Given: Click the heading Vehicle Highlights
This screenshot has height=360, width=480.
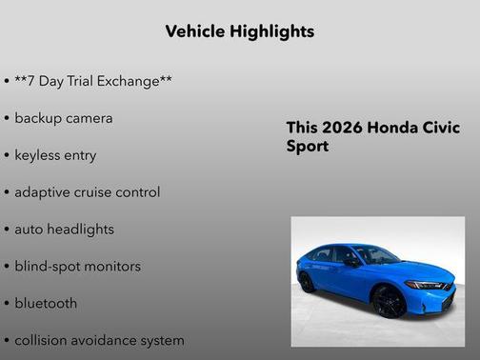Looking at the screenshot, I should pos(239,31).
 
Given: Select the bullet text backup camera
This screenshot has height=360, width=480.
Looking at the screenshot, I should pos(64,118).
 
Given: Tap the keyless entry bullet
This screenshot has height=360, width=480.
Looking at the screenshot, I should pos(55,155).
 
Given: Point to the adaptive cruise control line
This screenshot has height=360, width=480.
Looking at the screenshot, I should pos(88,192).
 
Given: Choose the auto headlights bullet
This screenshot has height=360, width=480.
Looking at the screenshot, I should pos(64,230).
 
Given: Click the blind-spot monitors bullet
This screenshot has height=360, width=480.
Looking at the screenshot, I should pos(77,267).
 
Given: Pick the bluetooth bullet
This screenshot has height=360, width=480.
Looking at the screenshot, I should pos(46,304).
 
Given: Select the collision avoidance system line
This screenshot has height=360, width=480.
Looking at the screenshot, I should pos(99,340).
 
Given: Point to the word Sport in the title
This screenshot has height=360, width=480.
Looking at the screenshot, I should pos(307,148).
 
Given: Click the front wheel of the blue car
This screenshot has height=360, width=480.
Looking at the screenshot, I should pos(390,302).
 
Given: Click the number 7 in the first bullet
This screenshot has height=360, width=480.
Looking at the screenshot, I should pos(33,81).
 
